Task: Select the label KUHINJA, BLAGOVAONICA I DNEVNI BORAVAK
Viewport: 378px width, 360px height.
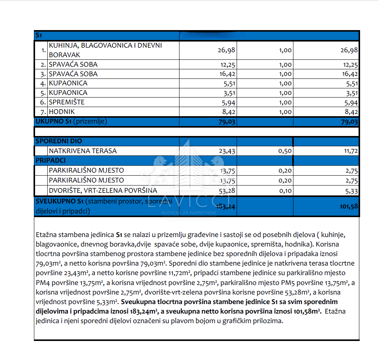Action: coord(105,50)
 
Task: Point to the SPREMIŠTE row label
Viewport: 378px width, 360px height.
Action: coord(67,102)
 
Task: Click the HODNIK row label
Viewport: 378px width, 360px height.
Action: coord(62,112)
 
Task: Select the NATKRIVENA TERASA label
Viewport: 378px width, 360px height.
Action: coord(83,151)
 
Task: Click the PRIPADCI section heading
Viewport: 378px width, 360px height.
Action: coord(50,161)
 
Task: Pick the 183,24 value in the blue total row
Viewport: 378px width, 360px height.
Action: coord(224,206)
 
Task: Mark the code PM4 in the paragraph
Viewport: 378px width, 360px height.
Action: coord(43,282)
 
